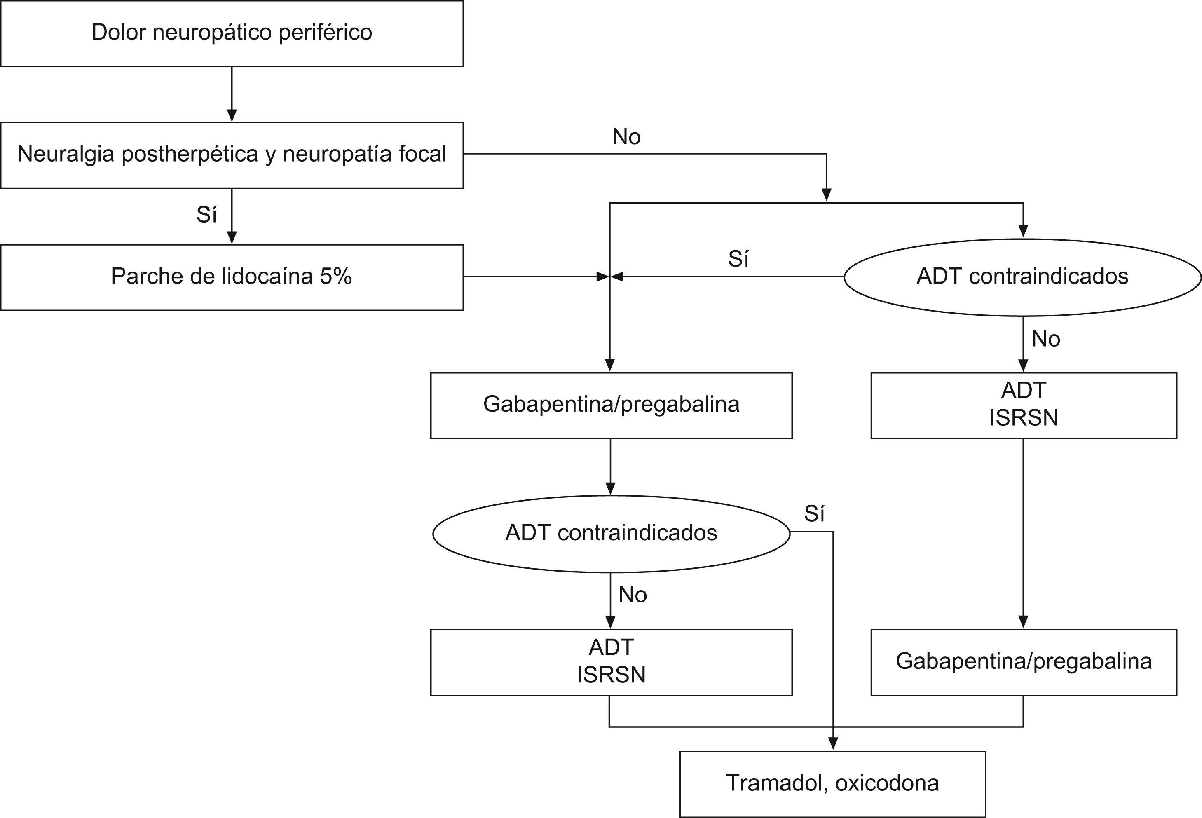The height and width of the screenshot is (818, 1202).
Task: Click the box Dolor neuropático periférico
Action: tap(232, 33)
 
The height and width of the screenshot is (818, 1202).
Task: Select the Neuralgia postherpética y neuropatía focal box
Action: tap(232, 155)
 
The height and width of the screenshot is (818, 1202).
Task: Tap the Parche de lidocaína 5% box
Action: tap(232, 277)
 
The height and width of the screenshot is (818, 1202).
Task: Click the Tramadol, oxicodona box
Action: tap(832, 784)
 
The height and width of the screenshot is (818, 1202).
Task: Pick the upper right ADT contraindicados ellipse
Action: tap(1022, 277)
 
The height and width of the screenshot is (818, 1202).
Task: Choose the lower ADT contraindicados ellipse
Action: tap(611, 533)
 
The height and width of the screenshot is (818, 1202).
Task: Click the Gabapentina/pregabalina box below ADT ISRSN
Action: tap(1024, 662)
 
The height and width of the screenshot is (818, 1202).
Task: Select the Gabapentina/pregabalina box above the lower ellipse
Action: tap(611, 405)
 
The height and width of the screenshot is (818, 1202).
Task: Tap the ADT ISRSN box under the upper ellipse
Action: tap(1024, 405)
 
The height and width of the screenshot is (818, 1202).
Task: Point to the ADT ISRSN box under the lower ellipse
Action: tap(611, 662)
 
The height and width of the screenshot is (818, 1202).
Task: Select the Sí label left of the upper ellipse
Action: tap(738, 259)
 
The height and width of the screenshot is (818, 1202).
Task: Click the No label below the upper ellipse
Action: tap(1046, 339)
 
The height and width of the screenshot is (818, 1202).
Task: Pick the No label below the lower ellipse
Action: tap(633, 595)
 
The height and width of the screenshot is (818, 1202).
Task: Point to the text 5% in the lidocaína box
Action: tap(336, 276)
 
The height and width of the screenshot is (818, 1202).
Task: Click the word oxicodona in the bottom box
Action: tap(887, 783)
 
